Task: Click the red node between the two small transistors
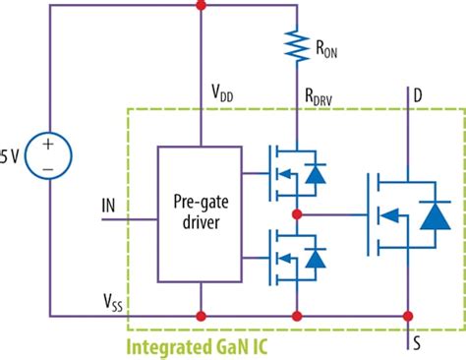[297, 212]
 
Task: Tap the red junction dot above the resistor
[297, 6]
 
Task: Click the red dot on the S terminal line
[408, 317]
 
